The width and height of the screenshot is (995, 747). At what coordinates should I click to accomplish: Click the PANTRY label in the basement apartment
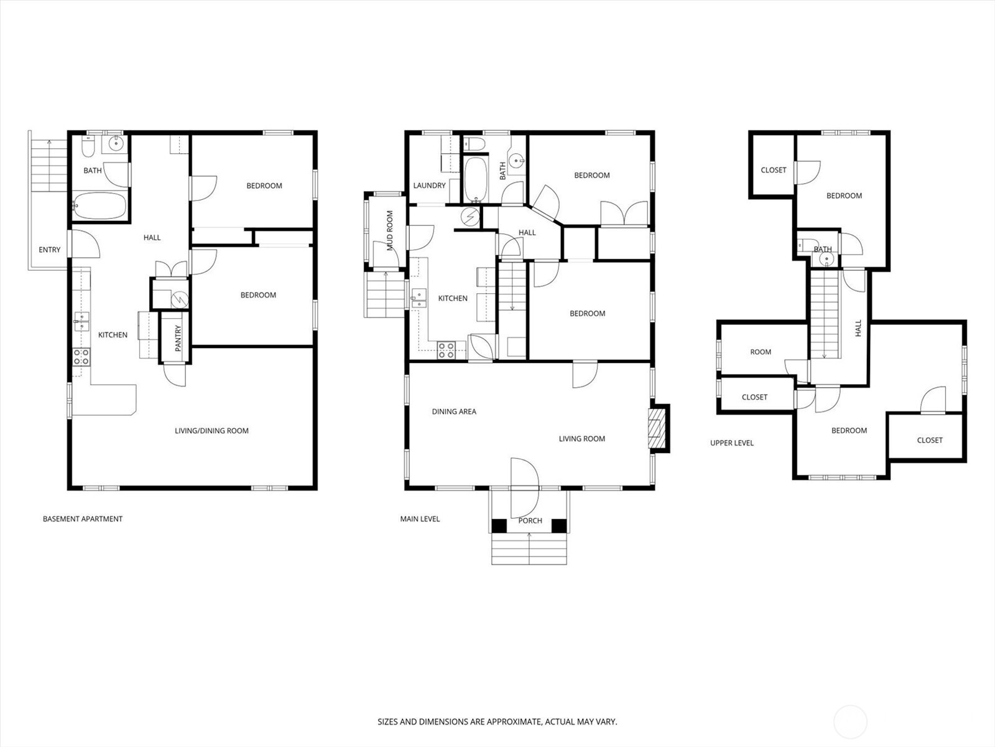(178, 338)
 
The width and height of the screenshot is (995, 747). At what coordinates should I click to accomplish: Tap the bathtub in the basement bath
(99, 206)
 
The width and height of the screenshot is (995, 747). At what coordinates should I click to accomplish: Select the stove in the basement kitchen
(81, 357)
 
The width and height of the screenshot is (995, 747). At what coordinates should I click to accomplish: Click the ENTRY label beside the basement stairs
(50, 250)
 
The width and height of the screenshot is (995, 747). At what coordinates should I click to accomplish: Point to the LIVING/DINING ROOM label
(211, 430)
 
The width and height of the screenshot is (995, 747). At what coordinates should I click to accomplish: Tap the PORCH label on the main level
(530, 520)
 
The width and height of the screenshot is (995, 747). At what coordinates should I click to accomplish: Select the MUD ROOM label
(390, 231)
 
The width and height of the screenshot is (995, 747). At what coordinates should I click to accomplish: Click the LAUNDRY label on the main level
(429, 186)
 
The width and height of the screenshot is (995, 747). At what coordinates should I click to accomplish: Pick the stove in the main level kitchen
(446, 350)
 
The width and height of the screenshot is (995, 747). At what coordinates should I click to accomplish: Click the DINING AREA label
(454, 411)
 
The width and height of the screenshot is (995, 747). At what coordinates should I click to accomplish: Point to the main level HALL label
(527, 233)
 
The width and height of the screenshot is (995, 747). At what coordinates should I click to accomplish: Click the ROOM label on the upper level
(760, 352)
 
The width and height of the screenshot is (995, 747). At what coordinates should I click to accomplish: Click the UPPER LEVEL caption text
(731, 443)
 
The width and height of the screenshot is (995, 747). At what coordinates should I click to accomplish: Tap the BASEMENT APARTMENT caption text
(83, 519)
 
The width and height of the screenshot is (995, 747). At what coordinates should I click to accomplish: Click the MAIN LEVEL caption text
(420, 519)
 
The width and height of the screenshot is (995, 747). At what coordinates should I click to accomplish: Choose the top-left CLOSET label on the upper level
(773, 170)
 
